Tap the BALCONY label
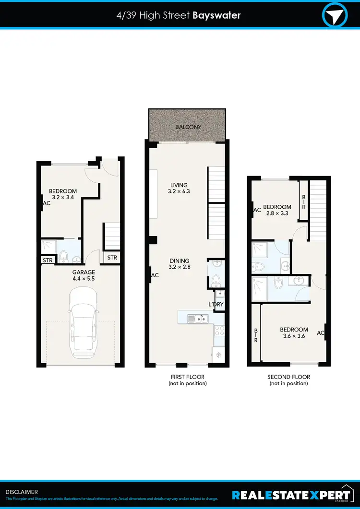point(188,127)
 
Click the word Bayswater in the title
point(216,15)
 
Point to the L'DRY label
point(216,305)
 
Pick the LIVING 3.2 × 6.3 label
point(179,188)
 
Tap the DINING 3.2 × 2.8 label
point(180,264)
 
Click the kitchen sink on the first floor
point(197,318)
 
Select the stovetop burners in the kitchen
point(219,330)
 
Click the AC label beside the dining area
point(155,275)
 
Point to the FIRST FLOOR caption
point(188,377)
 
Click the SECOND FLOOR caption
point(288,377)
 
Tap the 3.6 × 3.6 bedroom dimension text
point(293,336)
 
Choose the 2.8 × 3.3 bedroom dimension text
point(277,213)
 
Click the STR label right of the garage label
point(112,258)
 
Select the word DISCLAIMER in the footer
point(22,492)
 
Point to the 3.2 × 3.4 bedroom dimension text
point(63,197)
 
